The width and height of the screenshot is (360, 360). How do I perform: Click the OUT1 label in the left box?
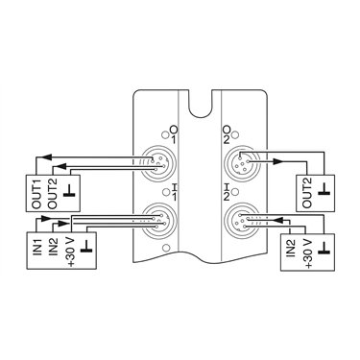tap(36, 194)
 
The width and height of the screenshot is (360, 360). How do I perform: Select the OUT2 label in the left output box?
tap(53, 194)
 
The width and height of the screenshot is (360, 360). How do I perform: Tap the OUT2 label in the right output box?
tap(306, 193)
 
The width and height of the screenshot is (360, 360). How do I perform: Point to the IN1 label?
tap(37, 246)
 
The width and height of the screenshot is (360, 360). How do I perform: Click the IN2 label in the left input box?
tap(53, 246)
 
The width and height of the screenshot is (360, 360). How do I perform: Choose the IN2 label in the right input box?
tap(292, 247)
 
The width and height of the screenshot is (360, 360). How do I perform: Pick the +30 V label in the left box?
tap(70, 252)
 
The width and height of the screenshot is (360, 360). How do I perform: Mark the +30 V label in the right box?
tap(309, 253)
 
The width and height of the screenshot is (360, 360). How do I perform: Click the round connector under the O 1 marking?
tap(159, 163)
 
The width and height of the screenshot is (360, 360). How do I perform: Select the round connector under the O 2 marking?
tap(242, 163)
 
